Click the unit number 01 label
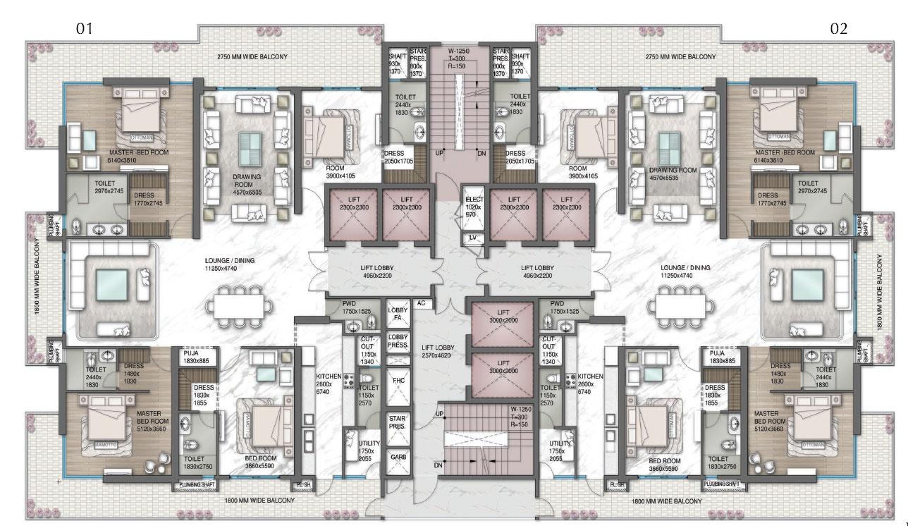pyautogui.click(x=85, y=28)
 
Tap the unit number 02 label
pyautogui.click(x=839, y=28)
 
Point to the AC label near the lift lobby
pyautogui.click(x=422, y=303)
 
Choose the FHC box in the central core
pyautogui.click(x=398, y=380)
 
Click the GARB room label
pyautogui.click(x=398, y=458)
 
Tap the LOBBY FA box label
pyautogui.click(x=398, y=314)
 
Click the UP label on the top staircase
pyautogui.click(x=439, y=153)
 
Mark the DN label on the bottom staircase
pyautogui.click(x=439, y=465)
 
